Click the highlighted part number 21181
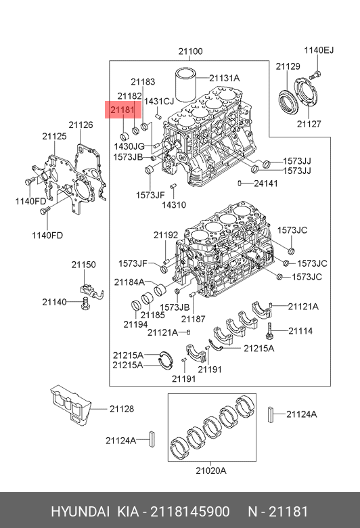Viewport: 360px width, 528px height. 122,110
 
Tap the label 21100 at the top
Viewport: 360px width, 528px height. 190,51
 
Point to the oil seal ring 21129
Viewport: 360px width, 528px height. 288,100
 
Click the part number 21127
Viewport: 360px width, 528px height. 309,124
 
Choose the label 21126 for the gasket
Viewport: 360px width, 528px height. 81,125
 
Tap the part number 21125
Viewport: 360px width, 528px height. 55,136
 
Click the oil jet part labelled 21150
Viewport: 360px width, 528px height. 91,291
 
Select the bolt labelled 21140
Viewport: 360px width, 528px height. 86,303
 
